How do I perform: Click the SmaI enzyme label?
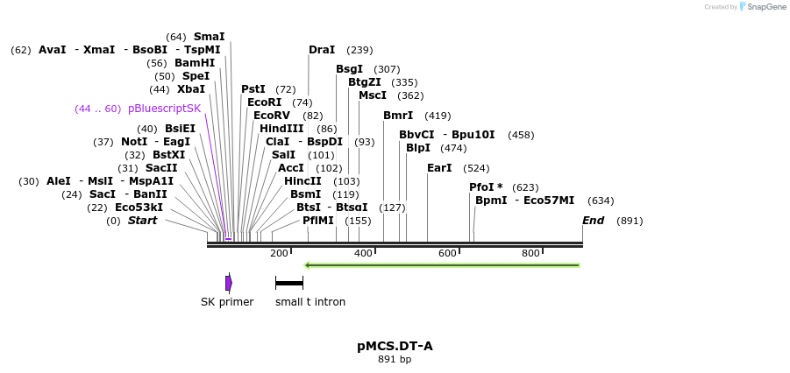pyautogui.click(x=209, y=37)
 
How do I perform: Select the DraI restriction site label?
pyautogui.click(x=322, y=50)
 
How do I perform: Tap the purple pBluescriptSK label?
pyautogui.click(x=164, y=109)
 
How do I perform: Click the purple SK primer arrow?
pyautogui.click(x=229, y=283)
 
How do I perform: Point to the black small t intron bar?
pyautogui.click(x=288, y=283)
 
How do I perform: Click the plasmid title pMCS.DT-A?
pyautogui.click(x=395, y=346)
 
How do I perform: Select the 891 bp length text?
pyautogui.click(x=395, y=360)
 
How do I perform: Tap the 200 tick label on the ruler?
pyautogui.click(x=279, y=254)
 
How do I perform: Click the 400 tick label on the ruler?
pyautogui.click(x=363, y=254)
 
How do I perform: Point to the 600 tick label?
pyautogui.click(x=447, y=254)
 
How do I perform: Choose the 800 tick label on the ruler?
pyautogui.click(x=530, y=254)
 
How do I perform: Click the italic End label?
pyautogui.click(x=593, y=221)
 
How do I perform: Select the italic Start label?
pyautogui.click(x=142, y=221)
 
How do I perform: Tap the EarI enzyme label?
pyautogui.click(x=439, y=168)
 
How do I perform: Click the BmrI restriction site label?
pyautogui.click(x=398, y=116)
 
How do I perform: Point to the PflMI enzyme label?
pyautogui.click(x=318, y=221)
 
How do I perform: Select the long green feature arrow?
pyautogui.click(x=442, y=264)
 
